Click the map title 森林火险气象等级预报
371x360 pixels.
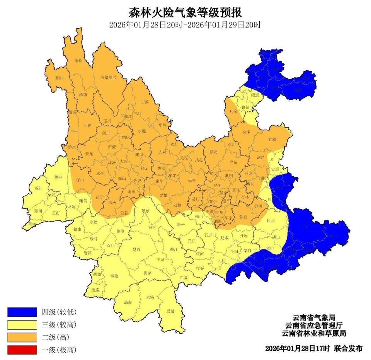click(x=185, y=12)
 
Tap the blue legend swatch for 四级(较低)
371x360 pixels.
click(x=22, y=312)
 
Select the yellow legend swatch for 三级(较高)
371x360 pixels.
click(x=22, y=324)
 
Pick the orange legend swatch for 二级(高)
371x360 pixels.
click(x=22, y=337)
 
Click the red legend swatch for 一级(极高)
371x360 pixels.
click(x=22, y=350)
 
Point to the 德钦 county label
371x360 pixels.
click(x=78, y=60)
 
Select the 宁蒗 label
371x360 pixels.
click(x=145, y=101)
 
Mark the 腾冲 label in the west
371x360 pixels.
click(x=58, y=177)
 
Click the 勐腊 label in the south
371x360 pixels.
click(x=170, y=311)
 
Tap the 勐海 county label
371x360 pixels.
click(x=128, y=302)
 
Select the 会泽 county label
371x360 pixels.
click(x=246, y=132)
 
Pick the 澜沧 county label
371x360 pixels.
click(x=114, y=276)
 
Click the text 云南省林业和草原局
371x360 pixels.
click(x=313, y=333)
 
